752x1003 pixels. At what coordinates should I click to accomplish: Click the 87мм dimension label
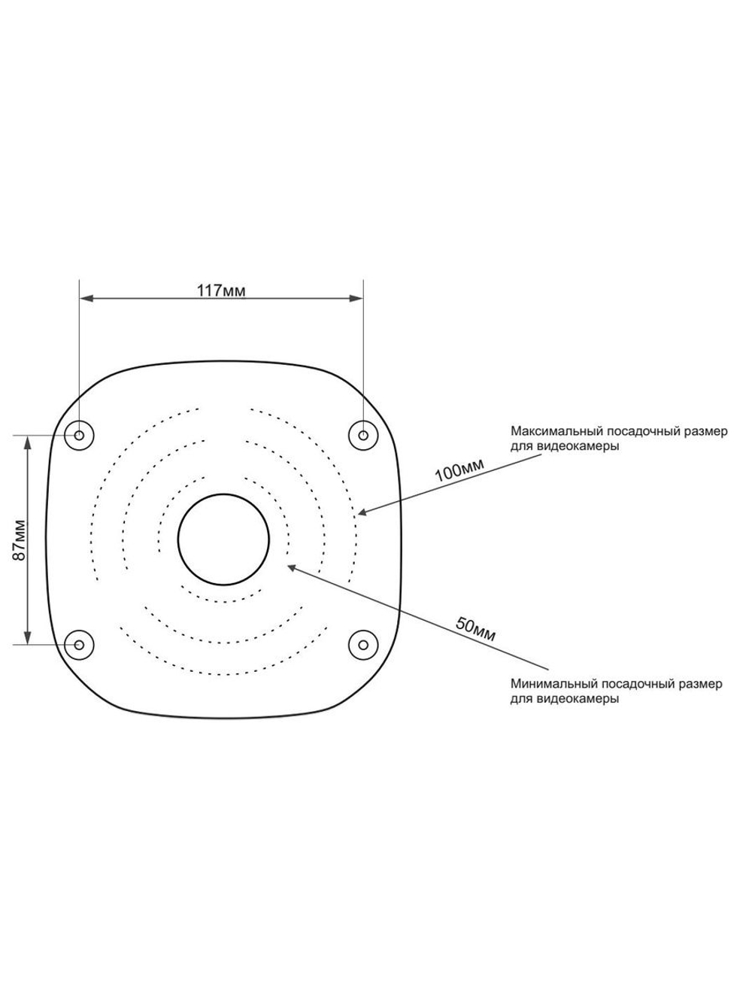click(20, 540)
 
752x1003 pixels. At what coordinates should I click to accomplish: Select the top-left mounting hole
click(80, 435)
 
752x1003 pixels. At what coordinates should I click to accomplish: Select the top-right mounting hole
click(363, 435)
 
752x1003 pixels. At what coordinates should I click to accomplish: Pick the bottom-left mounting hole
click(80, 645)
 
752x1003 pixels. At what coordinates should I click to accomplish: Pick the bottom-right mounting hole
click(363, 645)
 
